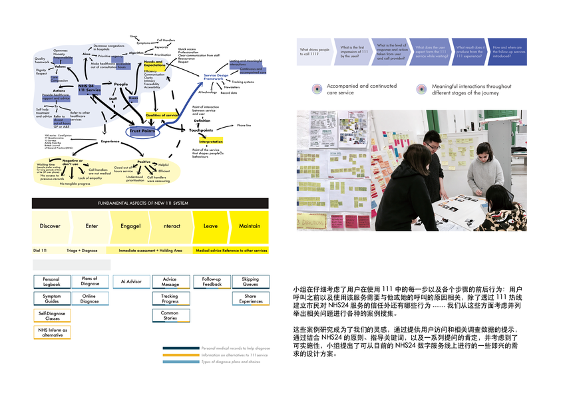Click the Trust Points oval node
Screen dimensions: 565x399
click(142, 132)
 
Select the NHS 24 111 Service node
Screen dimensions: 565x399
click(89, 88)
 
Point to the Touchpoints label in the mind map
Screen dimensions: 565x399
click(201, 130)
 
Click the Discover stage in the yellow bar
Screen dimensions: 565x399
click(50, 226)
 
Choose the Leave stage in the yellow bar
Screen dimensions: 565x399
click(210, 226)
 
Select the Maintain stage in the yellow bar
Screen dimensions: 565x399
click(250, 226)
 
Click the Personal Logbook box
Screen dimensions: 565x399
click(51, 282)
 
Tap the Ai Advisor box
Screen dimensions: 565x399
click(131, 282)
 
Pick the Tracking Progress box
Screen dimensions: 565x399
click(170, 299)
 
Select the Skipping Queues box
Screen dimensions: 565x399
click(250, 282)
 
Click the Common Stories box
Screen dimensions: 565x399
click(170, 315)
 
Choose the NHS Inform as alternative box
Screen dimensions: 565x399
click(51, 331)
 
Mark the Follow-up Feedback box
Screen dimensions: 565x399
click(212, 282)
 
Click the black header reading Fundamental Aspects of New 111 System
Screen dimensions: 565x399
click(150, 203)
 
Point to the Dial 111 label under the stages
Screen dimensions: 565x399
click(40, 251)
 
